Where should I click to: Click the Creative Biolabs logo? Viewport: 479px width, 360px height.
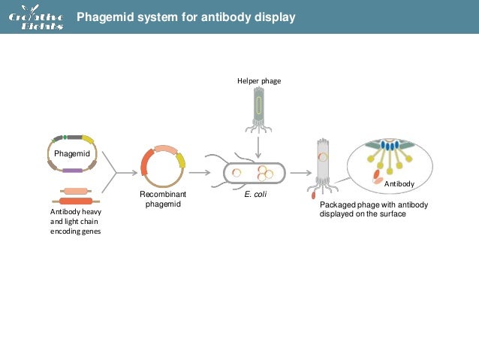click(35, 17)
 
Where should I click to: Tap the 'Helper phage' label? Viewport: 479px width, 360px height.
click(258, 81)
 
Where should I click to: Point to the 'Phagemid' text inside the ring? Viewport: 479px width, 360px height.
click(71, 153)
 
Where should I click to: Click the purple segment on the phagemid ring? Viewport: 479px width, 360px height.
click(72, 171)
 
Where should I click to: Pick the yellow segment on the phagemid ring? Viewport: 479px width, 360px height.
click(88, 140)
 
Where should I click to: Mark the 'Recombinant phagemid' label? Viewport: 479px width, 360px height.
click(162, 199)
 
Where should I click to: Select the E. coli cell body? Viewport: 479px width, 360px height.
click(255, 173)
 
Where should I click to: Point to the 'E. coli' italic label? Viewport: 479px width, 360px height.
click(256, 194)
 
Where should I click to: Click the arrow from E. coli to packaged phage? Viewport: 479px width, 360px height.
click(300, 172)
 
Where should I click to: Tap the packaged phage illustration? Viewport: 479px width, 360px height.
click(323, 165)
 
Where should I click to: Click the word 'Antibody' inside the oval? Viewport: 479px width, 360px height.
click(398, 183)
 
